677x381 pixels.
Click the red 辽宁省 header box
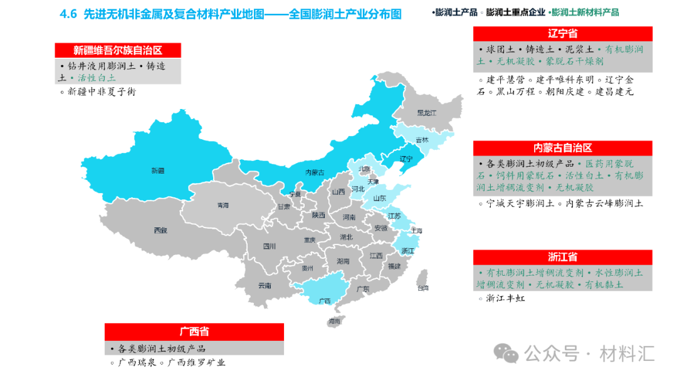click(562, 34)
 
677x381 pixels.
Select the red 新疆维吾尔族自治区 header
click(118, 50)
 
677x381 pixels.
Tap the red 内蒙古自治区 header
click(562, 148)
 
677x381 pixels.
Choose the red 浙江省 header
click(562, 257)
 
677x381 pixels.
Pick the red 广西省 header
click(194, 331)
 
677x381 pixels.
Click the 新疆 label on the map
click(157, 170)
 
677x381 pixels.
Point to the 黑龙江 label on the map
click(427, 113)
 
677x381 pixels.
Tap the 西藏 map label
click(160, 230)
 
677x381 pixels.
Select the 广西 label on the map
click(324, 300)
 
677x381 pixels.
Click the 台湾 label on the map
click(424, 288)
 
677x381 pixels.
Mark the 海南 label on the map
click(334, 321)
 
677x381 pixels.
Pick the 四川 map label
click(270, 246)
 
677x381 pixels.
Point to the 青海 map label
click(223, 205)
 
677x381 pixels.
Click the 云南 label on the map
click(265, 286)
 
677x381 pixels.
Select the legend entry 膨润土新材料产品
click(585, 13)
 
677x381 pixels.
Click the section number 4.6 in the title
click(68, 14)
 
